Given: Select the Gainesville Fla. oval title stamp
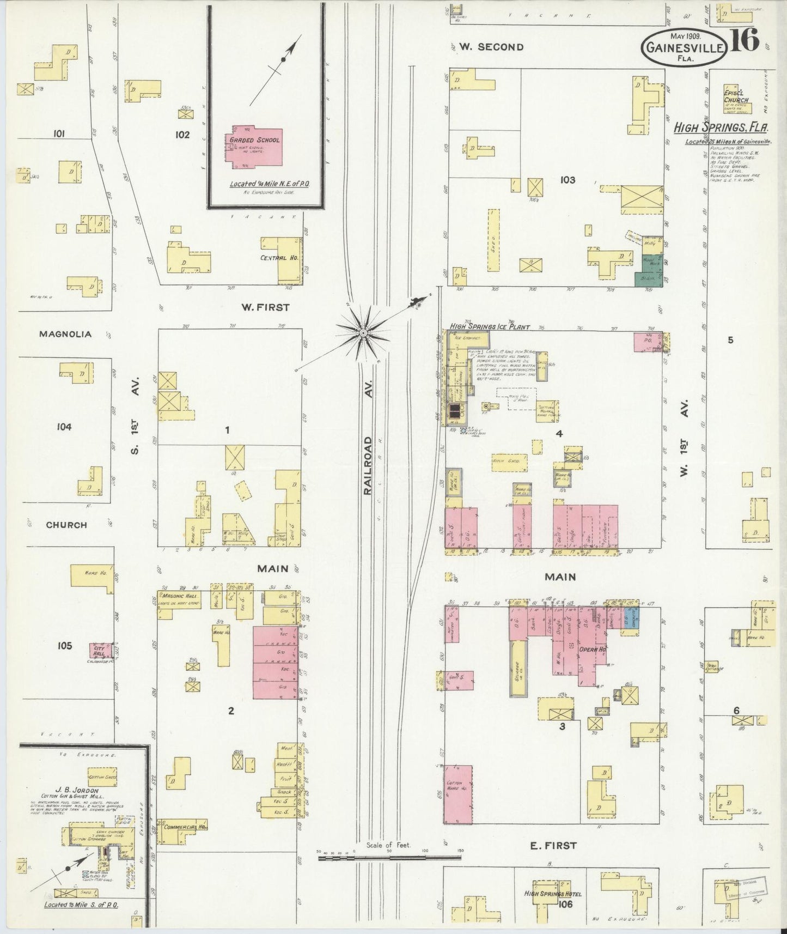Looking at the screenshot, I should (684, 47).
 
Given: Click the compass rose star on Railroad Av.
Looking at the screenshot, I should (363, 331).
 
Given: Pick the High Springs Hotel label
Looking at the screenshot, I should (553, 894).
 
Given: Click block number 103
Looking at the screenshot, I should (567, 179).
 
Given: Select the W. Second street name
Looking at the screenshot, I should (491, 47).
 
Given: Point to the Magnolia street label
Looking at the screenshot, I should (65, 334).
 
